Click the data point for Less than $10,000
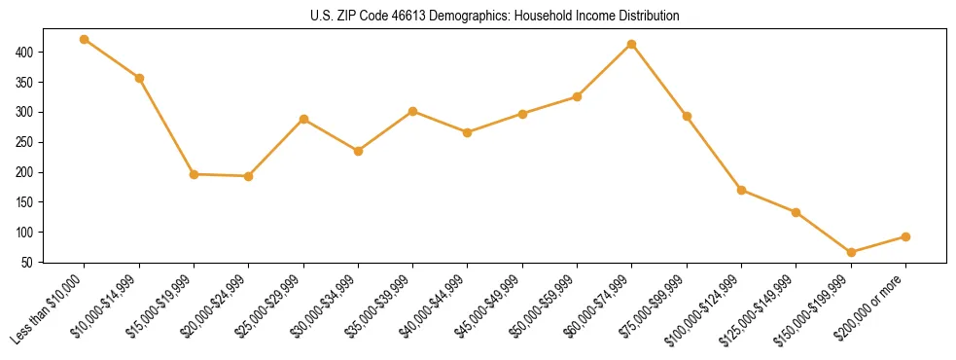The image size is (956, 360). click(x=85, y=40)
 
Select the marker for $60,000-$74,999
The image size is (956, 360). click(x=632, y=44)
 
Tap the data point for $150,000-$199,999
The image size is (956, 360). click(x=851, y=253)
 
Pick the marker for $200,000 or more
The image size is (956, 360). click(x=905, y=236)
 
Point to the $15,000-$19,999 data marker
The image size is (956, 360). click(x=194, y=174)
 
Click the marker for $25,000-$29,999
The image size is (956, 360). click(x=303, y=119)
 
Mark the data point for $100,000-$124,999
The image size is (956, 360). click(x=741, y=190)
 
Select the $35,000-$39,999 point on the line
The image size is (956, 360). click(x=412, y=111)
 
